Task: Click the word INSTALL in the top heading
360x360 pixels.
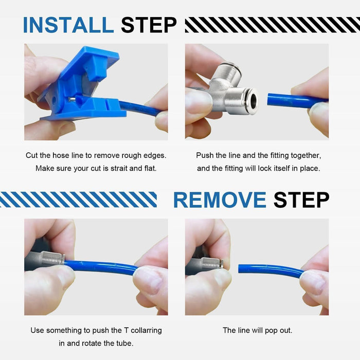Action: tap(68, 25)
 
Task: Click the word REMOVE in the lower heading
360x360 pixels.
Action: tap(220, 200)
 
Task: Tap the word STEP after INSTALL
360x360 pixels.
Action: tap(149, 25)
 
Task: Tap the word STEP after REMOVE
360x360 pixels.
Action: tap(301, 200)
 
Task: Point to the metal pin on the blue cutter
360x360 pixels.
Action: tap(72, 99)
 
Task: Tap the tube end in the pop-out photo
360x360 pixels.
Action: tap(240, 268)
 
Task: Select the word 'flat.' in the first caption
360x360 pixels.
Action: tap(150, 168)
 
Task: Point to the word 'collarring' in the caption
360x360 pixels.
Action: tap(146, 330)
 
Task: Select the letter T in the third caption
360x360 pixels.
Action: tap(126, 330)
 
